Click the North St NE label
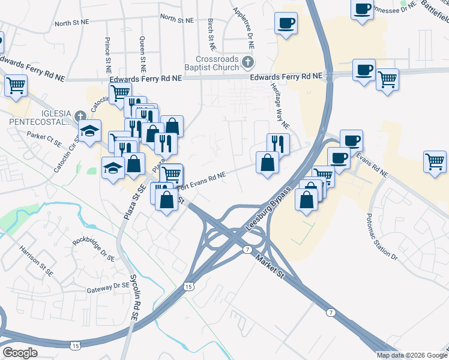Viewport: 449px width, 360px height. (x=73, y=23)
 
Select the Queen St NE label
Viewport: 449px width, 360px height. (x=143, y=51)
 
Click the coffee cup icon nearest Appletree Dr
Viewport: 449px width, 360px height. (x=286, y=23)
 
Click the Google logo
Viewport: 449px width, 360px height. (x=20, y=353)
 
